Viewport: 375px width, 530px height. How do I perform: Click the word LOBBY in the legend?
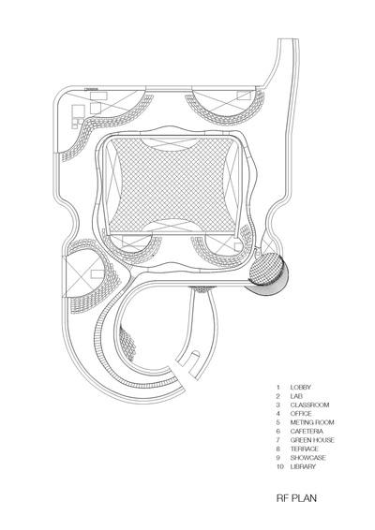pyautogui.click(x=300, y=388)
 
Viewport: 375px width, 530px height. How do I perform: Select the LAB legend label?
pyautogui.click(x=296, y=396)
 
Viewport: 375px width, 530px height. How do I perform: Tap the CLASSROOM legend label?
pyautogui.click(x=309, y=405)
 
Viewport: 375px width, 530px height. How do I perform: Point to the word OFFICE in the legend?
pyautogui.click(x=301, y=414)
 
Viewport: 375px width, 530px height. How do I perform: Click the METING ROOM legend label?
pyautogui.click(x=312, y=422)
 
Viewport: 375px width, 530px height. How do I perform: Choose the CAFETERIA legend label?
pyautogui.click(x=307, y=432)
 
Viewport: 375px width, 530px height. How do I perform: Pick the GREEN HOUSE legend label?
pyautogui.click(x=312, y=440)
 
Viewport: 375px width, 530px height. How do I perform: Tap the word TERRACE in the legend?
pyautogui.click(x=305, y=449)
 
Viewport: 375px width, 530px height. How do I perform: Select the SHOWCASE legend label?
pyautogui.click(x=308, y=458)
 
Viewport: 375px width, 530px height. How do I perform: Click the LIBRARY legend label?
pyautogui.click(x=303, y=466)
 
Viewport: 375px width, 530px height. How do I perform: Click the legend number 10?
pyautogui.click(x=279, y=466)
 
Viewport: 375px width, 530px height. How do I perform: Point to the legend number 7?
pyautogui.click(x=277, y=440)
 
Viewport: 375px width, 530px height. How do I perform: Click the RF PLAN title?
pyautogui.click(x=296, y=498)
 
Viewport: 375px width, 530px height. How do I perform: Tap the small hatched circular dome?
pyautogui.click(x=266, y=270)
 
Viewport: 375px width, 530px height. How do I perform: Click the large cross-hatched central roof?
pyautogui.click(x=172, y=184)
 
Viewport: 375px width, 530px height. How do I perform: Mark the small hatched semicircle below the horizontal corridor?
pyautogui.click(x=202, y=289)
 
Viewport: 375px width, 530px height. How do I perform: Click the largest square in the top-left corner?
pyautogui.click(x=78, y=110)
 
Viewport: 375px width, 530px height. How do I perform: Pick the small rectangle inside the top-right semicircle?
pyautogui.click(x=244, y=96)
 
